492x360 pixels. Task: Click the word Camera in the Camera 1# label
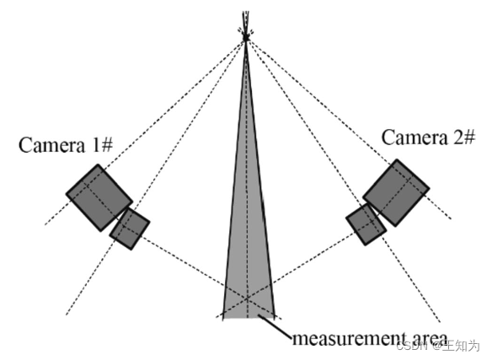(x=51, y=145)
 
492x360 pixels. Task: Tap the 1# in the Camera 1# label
(x=102, y=145)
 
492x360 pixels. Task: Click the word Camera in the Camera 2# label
(x=414, y=137)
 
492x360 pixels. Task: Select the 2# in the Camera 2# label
(x=463, y=137)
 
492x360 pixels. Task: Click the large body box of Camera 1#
(x=99, y=197)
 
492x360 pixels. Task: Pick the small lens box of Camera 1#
(x=130, y=228)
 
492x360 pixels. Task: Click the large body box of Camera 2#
(x=396, y=192)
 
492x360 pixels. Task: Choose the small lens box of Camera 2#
(x=366, y=224)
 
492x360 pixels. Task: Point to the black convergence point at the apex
(x=246, y=38)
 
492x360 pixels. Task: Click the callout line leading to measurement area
(x=275, y=326)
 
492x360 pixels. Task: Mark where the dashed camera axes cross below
(x=247, y=297)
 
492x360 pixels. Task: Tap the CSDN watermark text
(x=412, y=346)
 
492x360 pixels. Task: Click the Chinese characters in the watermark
(x=464, y=346)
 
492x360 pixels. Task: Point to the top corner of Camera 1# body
(x=98, y=164)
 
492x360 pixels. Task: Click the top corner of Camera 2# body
(x=397, y=159)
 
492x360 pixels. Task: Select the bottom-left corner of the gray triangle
(x=223, y=319)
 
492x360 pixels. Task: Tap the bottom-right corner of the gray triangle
(x=275, y=318)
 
